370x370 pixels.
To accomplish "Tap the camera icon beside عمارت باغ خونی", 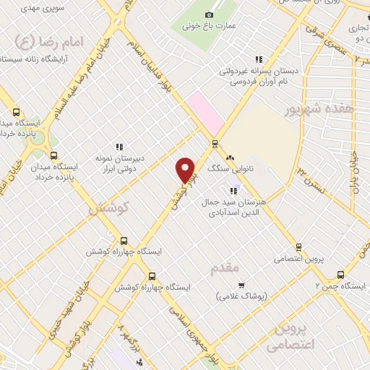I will coord(210,15).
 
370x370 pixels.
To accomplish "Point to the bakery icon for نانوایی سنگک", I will coord(231,158).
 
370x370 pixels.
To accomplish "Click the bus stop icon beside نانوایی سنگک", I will coord(215,143).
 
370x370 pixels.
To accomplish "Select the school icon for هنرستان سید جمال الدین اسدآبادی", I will coord(233,191).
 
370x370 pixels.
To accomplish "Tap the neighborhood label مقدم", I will coord(225,269).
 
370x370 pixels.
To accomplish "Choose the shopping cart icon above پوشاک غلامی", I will coord(241,285).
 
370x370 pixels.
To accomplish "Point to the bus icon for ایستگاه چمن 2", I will coord(340,275).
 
